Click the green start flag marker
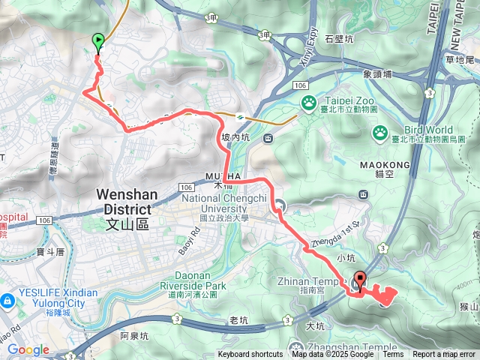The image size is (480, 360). [x=97, y=42]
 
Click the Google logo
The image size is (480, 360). [x=28, y=349]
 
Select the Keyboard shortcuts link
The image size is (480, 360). [x=250, y=355]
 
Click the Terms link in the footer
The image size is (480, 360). [x=393, y=355]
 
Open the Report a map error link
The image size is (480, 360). [x=444, y=355]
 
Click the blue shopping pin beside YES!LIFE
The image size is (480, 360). [x=7, y=301]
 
